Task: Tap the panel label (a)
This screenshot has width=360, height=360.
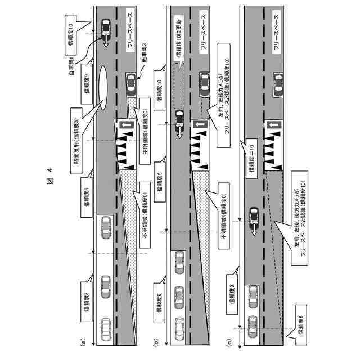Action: (83, 340)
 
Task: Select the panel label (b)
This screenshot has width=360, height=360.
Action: (156, 340)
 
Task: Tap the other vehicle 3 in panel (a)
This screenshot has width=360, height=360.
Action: (131, 85)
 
